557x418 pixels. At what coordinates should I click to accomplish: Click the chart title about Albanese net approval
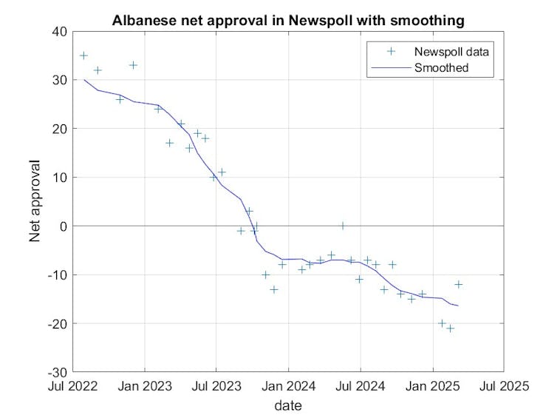pos(288,21)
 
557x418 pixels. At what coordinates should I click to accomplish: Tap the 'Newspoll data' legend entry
pos(453,52)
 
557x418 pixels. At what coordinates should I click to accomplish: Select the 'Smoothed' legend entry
pos(442,68)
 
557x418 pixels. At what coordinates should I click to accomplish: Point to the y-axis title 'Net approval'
pos(35,201)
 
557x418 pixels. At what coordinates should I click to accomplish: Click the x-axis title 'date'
pos(288,405)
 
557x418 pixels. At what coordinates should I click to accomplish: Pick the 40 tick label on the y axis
pos(59,32)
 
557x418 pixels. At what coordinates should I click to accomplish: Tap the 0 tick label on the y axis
pos(63,226)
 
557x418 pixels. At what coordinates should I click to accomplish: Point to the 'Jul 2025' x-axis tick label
pos(504,386)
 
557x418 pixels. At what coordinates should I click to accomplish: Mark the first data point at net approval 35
pos(83,55)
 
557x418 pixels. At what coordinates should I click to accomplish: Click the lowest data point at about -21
pos(450,328)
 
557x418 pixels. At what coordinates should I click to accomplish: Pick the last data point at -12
pos(458,284)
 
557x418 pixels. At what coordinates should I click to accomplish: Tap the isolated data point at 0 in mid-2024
pos(343,226)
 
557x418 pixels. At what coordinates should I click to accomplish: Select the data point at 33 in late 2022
pos(133,65)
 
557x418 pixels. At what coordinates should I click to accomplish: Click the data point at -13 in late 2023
pos(274,289)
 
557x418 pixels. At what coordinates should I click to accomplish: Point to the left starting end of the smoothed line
pos(84,80)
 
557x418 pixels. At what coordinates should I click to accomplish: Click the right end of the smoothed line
pos(458,306)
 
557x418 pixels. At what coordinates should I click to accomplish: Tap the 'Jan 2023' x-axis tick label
pos(145,386)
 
